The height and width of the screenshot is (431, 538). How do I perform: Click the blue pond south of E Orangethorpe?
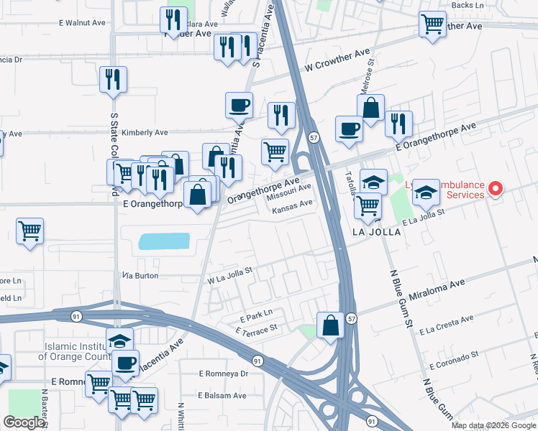click(x=164, y=241)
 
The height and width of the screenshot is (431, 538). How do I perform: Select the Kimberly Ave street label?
click(x=144, y=133)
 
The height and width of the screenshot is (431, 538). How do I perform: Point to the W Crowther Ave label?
click(x=331, y=67)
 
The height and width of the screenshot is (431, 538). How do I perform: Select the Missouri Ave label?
click(x=288, y=192)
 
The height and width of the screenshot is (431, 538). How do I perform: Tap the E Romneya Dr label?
click(x=223, y=374)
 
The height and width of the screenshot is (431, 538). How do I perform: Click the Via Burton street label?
click(x=140, y=275)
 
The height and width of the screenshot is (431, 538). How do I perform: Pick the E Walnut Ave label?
click(x=83, y=23)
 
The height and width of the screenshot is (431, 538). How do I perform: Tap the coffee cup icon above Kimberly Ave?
click(x=239, y=105)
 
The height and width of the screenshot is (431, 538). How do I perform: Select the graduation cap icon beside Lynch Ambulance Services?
click(x=426, y=192)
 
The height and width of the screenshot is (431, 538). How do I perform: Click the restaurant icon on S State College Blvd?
click(x=113, y=79)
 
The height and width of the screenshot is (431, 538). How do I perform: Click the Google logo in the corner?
click(x=24, y=422)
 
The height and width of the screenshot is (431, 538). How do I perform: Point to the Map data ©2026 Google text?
click(x=493, y=425)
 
